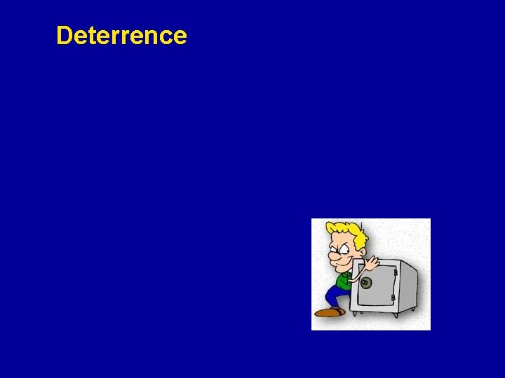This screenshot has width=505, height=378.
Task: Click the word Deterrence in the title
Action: point(121,35)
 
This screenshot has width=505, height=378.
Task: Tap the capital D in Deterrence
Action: point(64,35)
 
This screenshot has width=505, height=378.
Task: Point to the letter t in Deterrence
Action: point(89,35)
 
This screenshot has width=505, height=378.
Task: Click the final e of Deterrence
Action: point(180,36)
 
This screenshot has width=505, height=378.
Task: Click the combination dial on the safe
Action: point(365,283)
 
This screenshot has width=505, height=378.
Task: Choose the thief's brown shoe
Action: point(328,312)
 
